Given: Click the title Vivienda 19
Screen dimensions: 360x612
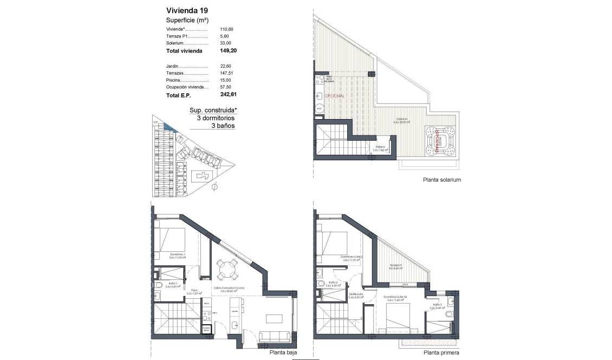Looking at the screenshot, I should pyautogui.click(x=187, y=10).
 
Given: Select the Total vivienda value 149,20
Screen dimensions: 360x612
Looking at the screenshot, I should pyautogui.click(x=228, y=51).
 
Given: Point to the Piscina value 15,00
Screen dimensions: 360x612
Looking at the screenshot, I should pyautogui.click(x=225, y=80).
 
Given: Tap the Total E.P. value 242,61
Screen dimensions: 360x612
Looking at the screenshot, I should pyautogui.click(x=228, y=94).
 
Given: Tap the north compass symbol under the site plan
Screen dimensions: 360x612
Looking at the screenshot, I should pyautogui.click(x=214, y=187).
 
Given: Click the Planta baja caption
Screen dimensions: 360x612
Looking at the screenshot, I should pyautogui.click(x=283, y=352).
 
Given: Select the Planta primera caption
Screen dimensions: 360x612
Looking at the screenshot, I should pyautogui.click(x=441, y=352).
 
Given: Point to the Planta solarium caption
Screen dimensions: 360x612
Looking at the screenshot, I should pyautogui.click(x=442, y=180).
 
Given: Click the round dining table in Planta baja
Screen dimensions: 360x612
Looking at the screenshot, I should pyautogui.click(x=227, y=268).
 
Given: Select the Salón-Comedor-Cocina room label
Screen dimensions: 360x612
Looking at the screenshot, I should pyautogui.click(x=229, y=289).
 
